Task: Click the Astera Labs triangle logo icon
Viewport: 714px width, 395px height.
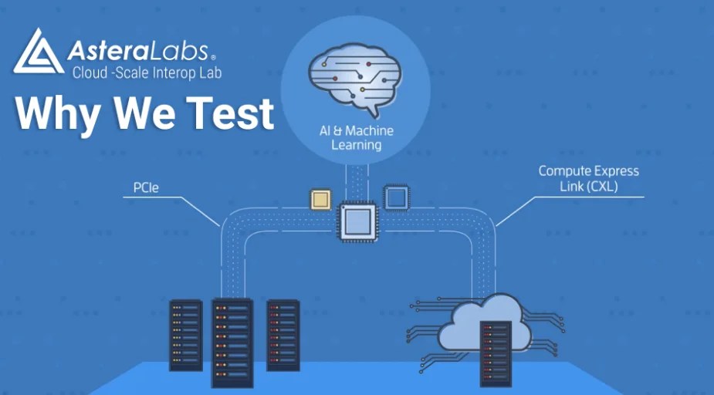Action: pyautogui.click(x=37, y=52)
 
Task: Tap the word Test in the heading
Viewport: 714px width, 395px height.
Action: pyautogui.click(x=229, y=113)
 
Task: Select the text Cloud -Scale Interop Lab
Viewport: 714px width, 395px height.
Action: pyautogui.click(x=147, y=73)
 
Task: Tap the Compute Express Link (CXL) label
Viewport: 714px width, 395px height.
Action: pyautogui.click(x=588, y=178)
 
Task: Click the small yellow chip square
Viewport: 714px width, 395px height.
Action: pyautogui.click(x=320, y=198)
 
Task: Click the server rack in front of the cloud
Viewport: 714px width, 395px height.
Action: pyautogui.click(x=495, y=352)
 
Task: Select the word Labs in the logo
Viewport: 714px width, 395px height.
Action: pyautogui.click(x=178, y=52)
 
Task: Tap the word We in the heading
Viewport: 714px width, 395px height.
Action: pyautogui.click(x=144, y=113)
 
